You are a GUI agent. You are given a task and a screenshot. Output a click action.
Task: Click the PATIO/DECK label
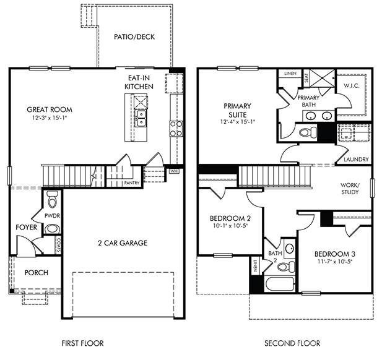click(x=134, y=36)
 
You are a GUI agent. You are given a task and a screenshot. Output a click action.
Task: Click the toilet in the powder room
click(x=53, y=200)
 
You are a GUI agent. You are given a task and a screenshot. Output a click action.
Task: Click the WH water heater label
click(x=157, y=171)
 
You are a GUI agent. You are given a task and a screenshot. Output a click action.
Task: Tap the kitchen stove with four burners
click(x=176, y=128)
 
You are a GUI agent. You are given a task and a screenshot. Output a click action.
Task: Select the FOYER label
click(x=27, y=228)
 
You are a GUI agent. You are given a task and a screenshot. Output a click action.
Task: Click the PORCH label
click(x=36, y=273)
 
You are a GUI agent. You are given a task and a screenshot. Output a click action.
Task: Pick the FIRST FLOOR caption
click(x=82, y=343)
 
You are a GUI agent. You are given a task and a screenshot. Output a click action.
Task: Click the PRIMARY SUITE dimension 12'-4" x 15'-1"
click(x=238, y=122)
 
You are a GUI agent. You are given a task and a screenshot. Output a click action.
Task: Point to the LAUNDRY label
click(x=356, y=160)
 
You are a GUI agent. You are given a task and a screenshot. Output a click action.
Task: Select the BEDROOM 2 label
click(x=230, y=218)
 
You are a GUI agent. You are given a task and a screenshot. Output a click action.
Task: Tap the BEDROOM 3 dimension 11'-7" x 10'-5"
click(x=334, y=262)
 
